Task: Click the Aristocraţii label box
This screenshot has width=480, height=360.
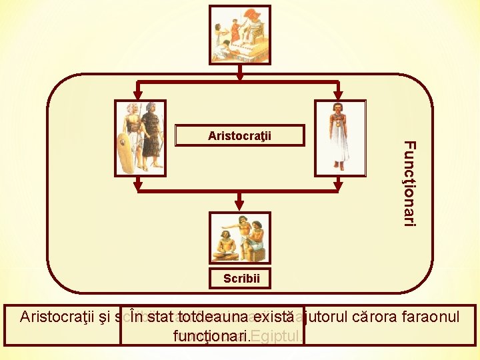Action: pos(239,136)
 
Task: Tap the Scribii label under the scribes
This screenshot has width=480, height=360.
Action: pos(241,279)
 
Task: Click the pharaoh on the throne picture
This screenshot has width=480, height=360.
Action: pos(239,35)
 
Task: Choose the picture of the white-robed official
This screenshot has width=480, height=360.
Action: pos(340,138)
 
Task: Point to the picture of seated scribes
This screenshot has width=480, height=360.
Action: pos(240,238)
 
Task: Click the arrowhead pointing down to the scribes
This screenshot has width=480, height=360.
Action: pos(240,207)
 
